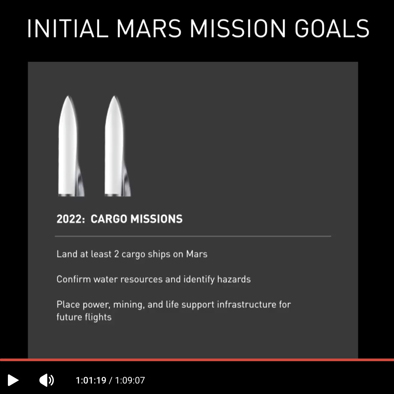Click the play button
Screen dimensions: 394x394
click(13, 380)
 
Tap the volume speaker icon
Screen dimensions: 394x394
click(47, 380)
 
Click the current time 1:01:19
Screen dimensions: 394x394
click(91, 381)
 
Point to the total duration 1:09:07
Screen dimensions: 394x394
click(130, 381)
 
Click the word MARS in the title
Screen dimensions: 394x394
click(149, 29)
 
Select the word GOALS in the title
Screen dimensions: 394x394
click(332, 29)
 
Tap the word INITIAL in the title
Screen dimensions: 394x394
click(68, 29)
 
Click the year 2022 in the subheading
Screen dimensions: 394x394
click(70, 219)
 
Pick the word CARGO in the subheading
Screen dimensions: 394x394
click(109, 219)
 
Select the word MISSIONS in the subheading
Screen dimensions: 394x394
click(156, 219)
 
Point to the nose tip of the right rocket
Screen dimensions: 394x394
click(114, 96)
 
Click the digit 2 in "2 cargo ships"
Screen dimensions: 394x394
click(117, 254)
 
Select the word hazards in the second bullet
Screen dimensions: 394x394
click(234, 279)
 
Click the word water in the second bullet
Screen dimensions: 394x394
click(105, 279)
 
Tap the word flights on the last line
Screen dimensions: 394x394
click(98, 317)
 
